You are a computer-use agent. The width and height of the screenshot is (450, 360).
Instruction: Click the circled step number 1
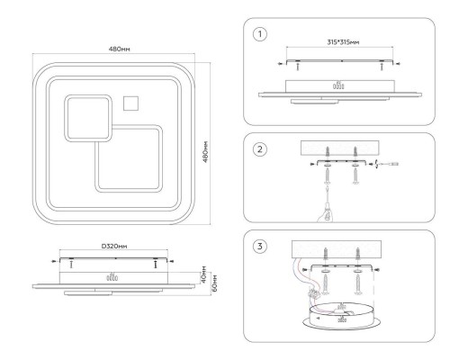(260, 34)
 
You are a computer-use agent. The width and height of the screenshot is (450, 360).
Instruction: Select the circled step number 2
(260, 149)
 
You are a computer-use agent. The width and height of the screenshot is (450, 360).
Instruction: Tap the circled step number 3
(260, 247)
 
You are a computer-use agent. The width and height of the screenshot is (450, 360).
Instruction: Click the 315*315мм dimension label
(343, 42)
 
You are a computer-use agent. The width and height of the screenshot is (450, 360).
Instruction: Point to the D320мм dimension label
(114, 247)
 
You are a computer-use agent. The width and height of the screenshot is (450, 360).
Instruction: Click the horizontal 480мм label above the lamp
(119, 49)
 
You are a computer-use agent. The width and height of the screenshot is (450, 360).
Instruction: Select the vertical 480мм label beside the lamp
(205, 151)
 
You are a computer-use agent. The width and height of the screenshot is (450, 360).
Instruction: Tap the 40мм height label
(203, 274)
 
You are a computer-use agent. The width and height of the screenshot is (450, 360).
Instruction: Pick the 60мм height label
(214, 283)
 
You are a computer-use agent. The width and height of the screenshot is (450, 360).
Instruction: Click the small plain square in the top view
(130, 103)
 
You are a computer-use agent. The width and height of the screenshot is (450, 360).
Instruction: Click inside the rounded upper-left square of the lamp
(88, 118)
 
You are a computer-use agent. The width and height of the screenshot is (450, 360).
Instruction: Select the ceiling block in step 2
(340, 148)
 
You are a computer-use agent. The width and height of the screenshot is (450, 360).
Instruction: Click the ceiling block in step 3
(337, 248)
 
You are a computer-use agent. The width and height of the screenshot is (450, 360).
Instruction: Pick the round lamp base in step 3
(342, 317)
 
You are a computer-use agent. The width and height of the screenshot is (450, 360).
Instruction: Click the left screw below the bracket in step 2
(327, 175)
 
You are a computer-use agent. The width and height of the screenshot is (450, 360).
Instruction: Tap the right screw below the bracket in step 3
(357, 284)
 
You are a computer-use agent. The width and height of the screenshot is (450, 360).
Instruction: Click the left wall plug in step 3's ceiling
(326, 254)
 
